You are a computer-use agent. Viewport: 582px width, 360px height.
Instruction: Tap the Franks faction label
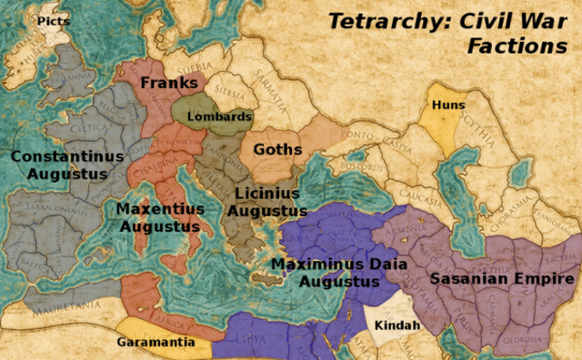(x=169, y=83)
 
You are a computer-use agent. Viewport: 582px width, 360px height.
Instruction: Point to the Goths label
(x=276, y=149)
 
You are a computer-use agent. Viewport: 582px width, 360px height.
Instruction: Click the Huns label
(x=447, y=105)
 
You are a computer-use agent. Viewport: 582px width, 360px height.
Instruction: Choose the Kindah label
(x=397, y=325)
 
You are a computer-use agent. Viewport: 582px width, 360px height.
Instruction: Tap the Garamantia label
(x=155, y=343)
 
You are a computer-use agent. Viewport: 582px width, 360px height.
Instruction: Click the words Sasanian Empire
(x=502, y=279)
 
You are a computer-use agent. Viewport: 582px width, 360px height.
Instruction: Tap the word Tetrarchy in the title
(x=375, y=20)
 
